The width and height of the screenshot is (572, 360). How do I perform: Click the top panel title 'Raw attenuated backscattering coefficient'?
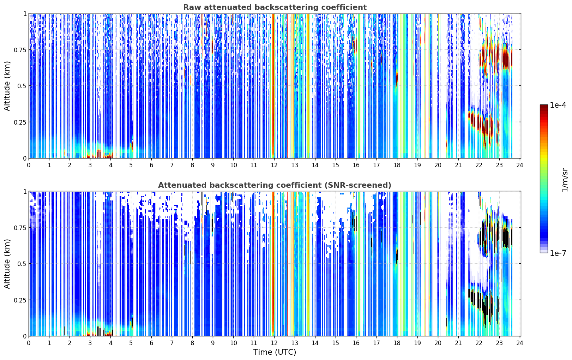(x=275, y=7)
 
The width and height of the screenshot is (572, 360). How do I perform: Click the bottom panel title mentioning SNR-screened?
(x=275, y=185)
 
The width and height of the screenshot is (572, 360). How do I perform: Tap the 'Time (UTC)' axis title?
(x=275, y=352)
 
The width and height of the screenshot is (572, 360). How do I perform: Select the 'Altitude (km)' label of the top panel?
(x=7, y=86)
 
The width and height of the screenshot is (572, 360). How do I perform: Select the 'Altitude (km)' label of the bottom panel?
(x=7, y=264)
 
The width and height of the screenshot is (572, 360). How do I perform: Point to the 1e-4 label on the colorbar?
(x=558, y=105)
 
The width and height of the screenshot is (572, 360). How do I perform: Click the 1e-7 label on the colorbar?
(x=558, y=253)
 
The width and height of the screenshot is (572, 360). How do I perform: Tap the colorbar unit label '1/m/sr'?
(x=565, y=180)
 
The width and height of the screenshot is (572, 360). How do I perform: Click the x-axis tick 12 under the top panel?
(x=274, y=165)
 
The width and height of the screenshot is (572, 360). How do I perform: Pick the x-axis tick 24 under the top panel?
(x=520, y=165)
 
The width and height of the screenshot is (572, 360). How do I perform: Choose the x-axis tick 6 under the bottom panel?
(x=151, y=343)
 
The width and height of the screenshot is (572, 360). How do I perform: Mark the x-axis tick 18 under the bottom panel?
(x=397, y=343)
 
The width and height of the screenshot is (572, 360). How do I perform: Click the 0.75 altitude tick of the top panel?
(x=19, y=50)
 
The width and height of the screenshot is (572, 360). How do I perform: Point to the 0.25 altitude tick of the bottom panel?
(x=19, y=300)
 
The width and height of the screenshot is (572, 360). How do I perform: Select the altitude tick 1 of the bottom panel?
(x=25, y=192)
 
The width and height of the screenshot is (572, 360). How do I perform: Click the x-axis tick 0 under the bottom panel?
(x=29, y=343)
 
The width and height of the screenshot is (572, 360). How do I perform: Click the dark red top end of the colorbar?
(x=544, y=106)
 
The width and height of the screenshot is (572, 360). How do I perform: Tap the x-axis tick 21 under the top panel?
(x=458, y=165)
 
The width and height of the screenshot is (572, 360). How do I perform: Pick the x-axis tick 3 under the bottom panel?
(x=90, y=343)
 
